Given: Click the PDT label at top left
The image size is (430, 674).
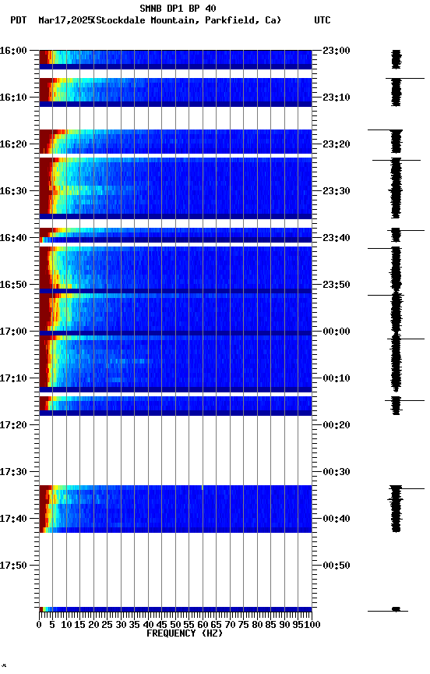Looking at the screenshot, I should (19, 20).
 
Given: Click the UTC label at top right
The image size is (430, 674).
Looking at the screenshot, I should (322, 20).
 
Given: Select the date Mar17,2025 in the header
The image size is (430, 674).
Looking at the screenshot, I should (64, 20).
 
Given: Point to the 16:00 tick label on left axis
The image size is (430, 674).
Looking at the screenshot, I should (13, 51).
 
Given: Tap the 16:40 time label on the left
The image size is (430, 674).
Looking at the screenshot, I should (13, 238).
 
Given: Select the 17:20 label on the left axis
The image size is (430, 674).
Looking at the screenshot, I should (13, 425).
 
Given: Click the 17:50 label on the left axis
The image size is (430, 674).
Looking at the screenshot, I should (13, 566).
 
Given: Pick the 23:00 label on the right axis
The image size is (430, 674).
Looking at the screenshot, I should (336, 51).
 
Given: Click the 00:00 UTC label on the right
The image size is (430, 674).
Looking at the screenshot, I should (336, 332).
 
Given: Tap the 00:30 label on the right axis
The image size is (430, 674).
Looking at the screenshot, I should (336, 472).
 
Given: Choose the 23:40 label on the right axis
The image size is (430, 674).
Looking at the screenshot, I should (336, 238).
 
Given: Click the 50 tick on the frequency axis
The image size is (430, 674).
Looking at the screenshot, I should (176, 625).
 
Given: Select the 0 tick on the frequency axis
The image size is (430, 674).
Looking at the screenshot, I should (40, 625).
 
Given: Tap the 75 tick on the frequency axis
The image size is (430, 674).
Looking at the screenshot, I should (244, 625).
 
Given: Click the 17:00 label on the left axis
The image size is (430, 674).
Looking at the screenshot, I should (13, 332).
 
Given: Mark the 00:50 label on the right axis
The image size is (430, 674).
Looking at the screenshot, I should (336, 566).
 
